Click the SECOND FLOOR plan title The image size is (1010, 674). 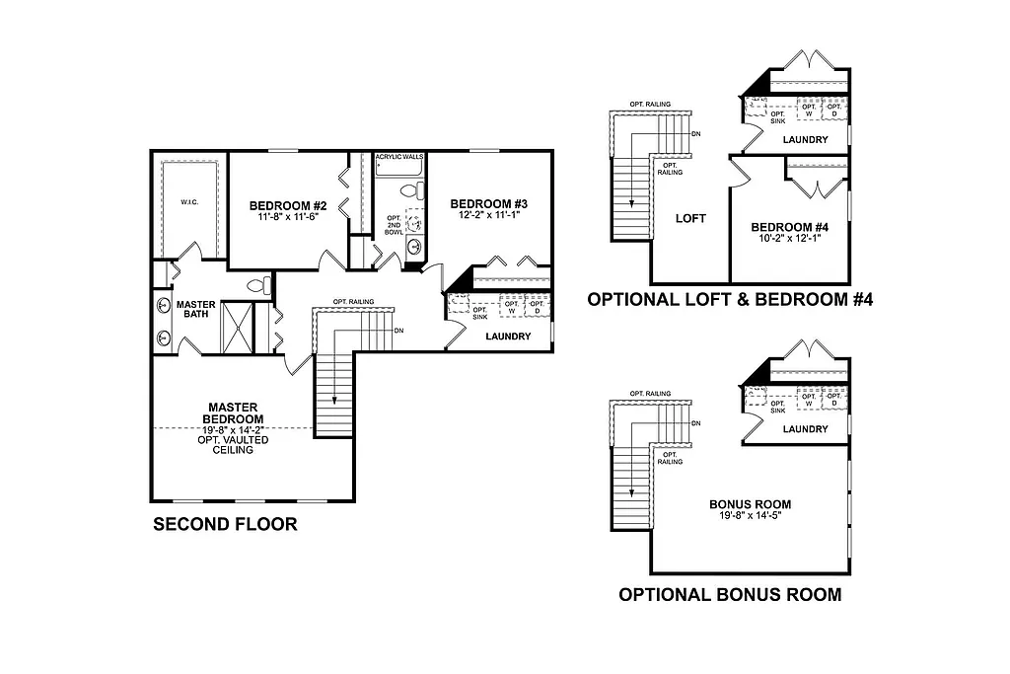tap(224, 525)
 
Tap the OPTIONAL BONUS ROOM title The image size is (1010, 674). tap(729, 594)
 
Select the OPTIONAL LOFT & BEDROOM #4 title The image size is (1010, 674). tap(730, 299)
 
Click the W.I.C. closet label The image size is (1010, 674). tap(188, 202)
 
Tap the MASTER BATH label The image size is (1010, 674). tap(196, 310)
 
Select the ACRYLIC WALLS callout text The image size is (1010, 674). tap(399, 157)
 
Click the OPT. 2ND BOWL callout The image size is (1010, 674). tap(394, 229)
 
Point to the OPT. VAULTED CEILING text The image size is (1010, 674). tap(233, 444)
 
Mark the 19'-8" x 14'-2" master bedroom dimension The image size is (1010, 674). tap(233, 429)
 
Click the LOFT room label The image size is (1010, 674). tap(690, 218)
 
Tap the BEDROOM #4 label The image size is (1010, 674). tap(787, 226)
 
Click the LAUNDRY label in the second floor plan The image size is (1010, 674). tap(508, 337)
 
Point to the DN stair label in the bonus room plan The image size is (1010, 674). tap(696, 423)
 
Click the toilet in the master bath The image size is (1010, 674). tap(258, 286)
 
